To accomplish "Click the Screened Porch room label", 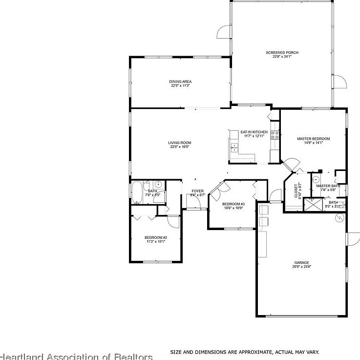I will click(282, 53).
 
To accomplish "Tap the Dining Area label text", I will click(180, 81).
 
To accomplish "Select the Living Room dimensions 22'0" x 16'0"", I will click(179, 147).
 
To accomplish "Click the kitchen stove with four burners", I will click(275, 135).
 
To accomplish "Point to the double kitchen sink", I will click(234, 146).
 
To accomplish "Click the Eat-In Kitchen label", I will click(254, 132).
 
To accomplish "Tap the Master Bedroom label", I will click(313, 139).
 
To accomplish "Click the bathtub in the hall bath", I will click(136, 192).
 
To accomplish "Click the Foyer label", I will click(197, 191).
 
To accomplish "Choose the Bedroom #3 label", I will click(233, 204).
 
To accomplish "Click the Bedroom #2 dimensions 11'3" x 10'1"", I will click(156, 241).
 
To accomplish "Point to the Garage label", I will click(301, 262).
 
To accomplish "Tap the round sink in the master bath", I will click(316, 179).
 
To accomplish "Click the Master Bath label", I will click(328, 186).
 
